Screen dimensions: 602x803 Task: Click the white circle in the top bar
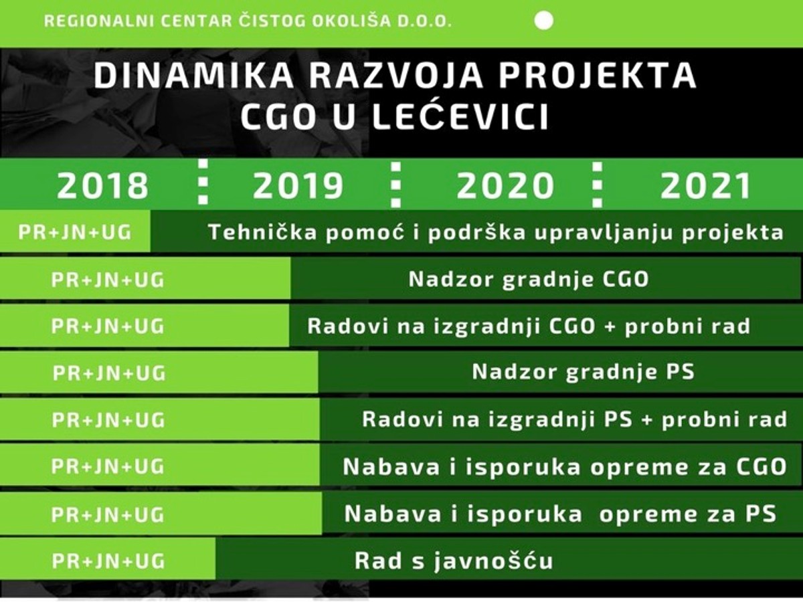[x=545, y=21]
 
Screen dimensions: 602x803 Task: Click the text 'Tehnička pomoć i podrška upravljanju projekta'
[x=495, y=233]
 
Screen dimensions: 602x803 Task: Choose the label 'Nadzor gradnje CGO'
[x=529, y=280]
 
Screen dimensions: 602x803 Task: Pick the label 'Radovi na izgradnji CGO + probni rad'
[x=529, y=326]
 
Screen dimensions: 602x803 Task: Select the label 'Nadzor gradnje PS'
[x=583, y=372]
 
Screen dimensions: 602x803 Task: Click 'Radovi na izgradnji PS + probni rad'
[x=574, y=420]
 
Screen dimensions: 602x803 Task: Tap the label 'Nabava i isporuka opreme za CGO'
[x=565, y=467]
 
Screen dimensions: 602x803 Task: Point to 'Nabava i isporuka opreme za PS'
[x=560, y=514]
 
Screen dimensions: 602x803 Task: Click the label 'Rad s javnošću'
[x=454, y=561]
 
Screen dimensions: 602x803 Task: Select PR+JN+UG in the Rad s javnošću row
[x=108, y=561]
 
